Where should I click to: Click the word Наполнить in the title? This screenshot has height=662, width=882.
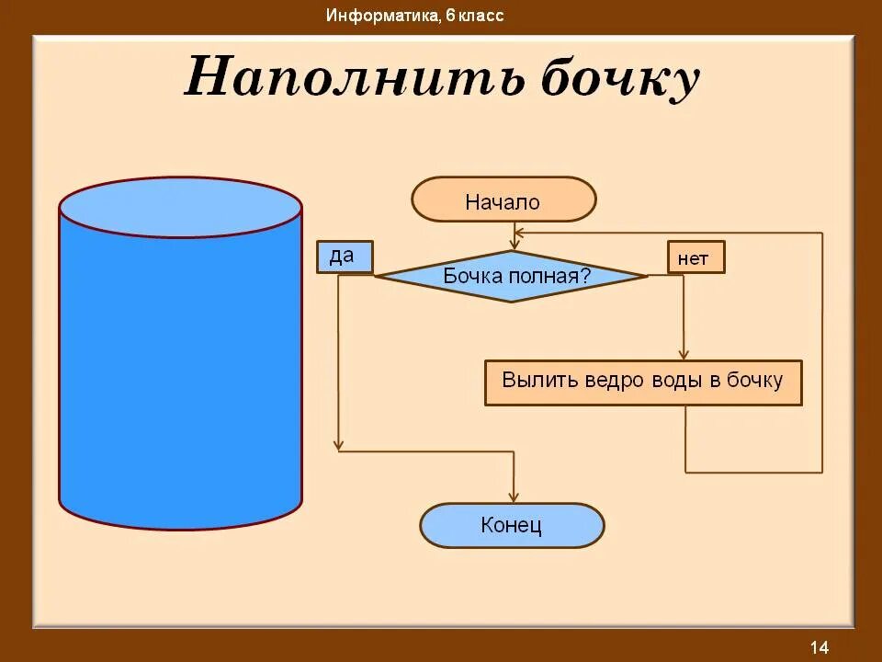354,77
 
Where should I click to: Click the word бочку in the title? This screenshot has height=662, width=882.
619,79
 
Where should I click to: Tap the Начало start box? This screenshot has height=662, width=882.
503,200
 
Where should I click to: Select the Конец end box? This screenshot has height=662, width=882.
512,526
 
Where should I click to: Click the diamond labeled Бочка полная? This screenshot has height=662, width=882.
512,275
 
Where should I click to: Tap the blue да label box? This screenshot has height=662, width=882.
345,257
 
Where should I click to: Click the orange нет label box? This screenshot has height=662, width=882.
695,258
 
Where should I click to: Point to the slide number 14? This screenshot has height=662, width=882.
820,646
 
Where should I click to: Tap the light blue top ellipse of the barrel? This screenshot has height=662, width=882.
180,209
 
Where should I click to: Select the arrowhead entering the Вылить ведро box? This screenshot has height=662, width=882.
684,354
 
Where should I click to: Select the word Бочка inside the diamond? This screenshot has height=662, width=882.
470,275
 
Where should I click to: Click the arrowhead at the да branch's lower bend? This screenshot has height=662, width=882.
340,448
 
